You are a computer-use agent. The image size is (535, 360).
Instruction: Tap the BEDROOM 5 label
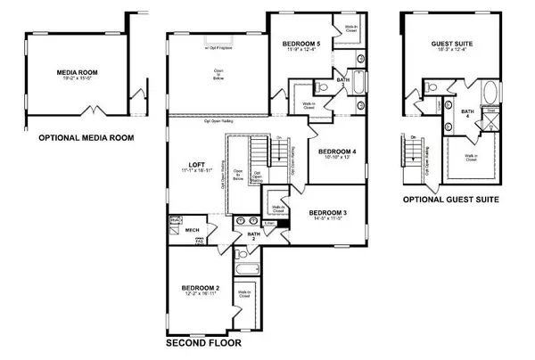[x=302, y=42]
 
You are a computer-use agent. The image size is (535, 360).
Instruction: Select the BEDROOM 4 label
[x=338, y=151]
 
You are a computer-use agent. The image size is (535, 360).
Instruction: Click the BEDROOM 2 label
[x=201, y=288]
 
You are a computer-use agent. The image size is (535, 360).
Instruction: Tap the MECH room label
[x=193, y=230]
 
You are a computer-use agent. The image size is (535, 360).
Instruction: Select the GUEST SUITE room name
[x=451, y=42]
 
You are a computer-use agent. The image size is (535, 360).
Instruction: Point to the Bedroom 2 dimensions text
[x=201, y=295]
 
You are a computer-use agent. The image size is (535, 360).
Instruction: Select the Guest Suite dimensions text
[x=451, y=50]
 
